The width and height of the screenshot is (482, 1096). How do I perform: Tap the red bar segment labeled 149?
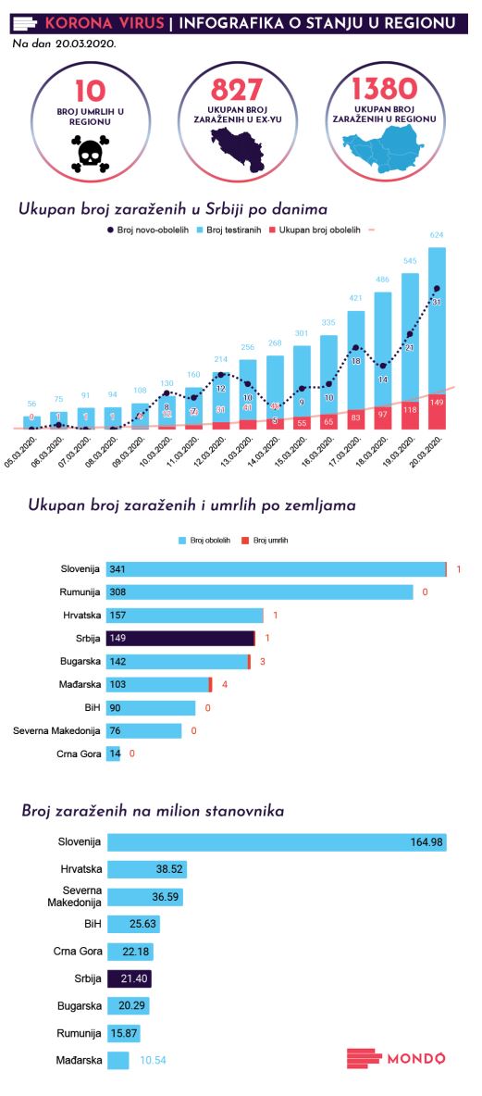point(437,412)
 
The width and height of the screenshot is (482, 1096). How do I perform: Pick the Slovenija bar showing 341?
point(276,569)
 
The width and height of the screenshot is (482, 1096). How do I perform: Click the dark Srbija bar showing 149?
point(180,638)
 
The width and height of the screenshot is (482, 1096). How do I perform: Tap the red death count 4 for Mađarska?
point(225,685)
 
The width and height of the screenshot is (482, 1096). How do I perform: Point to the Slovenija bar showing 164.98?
point(278,842)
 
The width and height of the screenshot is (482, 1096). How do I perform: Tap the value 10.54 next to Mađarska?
point(153,1060)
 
